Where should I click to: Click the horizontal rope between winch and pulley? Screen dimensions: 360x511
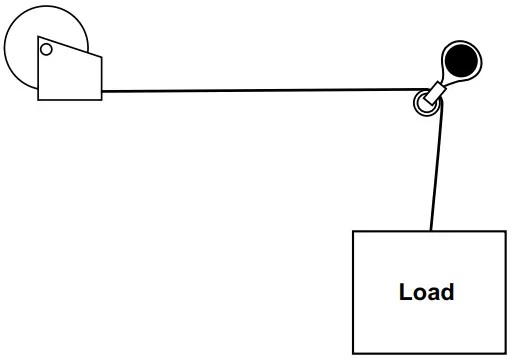coord(260,91)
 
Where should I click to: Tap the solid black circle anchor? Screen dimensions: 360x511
coord(461,61)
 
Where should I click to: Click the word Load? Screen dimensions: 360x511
coord(426,293)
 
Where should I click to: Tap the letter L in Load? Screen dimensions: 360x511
coord(405,293)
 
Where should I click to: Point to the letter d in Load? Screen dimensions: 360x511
coord(447,293)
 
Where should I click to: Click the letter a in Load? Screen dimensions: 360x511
coord(433,294)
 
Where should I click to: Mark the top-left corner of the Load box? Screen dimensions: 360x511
coord(353,232)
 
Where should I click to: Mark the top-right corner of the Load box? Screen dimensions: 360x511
coord(505,232)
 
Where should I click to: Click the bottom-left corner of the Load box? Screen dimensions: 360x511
coord(353,353)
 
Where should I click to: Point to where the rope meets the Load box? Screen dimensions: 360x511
coord(431,232)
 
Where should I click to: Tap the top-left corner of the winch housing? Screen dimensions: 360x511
coord(38,38)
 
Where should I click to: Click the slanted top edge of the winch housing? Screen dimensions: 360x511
coord(70,47)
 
